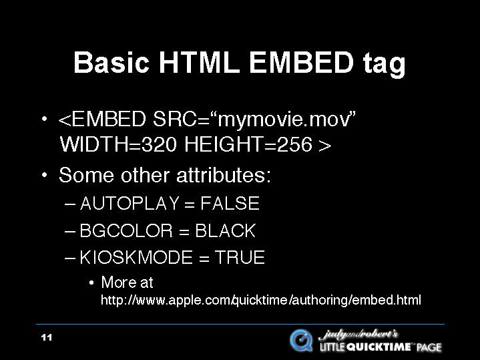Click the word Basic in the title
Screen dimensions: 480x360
pos(111,63)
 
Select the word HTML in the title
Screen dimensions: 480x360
pos(199,63)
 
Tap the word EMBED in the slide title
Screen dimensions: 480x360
pos(302,63)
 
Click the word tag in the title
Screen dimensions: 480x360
pos(385,65)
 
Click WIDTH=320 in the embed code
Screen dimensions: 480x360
pos(118,144)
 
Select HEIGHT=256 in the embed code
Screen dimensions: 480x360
pos(249,144)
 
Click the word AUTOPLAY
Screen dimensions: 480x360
pos(130,203)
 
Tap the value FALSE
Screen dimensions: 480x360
pos(230,203)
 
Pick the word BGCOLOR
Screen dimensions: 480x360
pos(126,230)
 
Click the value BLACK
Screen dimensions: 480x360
pos(225,230)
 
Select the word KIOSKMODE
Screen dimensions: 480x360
pos(136,257)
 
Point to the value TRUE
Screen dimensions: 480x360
pos(240,257)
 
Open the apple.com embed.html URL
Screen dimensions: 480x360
pos(261,300)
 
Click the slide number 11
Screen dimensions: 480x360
pos(47,337)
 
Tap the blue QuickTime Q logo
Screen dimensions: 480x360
pos(301,341)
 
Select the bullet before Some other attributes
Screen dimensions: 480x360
pos(45,176)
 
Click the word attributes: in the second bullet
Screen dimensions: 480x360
pos(224,175)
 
